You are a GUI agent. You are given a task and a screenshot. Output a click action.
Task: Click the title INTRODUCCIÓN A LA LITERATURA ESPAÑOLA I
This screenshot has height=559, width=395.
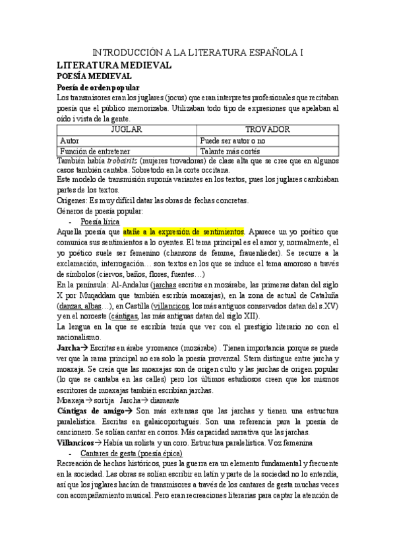coord(197,52)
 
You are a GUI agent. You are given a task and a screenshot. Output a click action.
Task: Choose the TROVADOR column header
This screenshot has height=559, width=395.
coord(268,130)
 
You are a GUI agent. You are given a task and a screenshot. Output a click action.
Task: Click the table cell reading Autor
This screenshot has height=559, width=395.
coord(69,140)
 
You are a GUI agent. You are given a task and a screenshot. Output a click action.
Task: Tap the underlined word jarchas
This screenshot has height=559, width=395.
coord(166,284)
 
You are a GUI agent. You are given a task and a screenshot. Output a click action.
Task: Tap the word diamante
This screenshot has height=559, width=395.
coord(162,400)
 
